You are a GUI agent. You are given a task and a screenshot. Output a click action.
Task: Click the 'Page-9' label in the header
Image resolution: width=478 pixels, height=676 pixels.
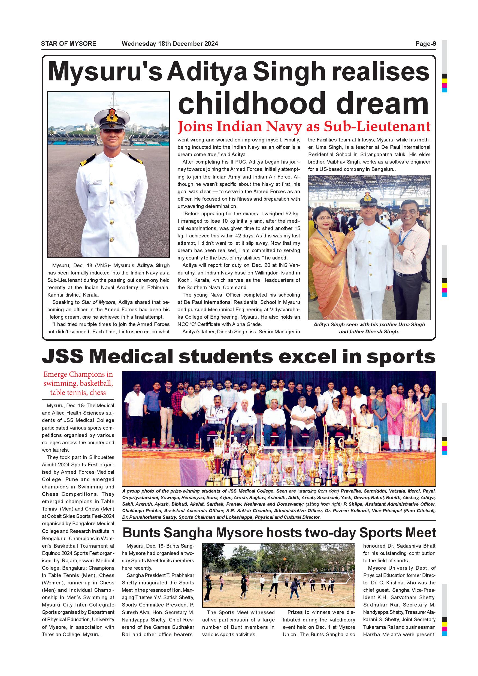pyautogui.click(x=426, y=44)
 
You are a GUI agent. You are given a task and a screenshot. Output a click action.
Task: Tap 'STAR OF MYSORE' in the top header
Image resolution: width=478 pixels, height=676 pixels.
pyautogui.click(x=69, y=44)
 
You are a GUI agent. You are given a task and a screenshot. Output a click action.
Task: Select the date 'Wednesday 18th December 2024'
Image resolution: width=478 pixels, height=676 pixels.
pyautogui.click(x=170, y=44)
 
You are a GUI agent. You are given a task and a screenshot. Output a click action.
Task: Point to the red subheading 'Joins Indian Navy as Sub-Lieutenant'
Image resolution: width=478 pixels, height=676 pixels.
pyautogui.click(x=304, y=126)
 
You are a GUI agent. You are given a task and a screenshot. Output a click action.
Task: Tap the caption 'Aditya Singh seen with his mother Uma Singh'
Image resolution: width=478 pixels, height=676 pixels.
pyautogui.click(x=369, y=324)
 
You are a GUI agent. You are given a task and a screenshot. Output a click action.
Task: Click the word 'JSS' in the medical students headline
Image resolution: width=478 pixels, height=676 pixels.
pyautogui.click(x=62, y=357)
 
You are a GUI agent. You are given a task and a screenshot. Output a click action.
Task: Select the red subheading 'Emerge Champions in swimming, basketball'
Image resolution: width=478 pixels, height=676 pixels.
pyautogui.click(x=78, y=379)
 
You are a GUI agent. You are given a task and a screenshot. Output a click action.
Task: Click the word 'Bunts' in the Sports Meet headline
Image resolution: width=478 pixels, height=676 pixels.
pyautogui.click(x=141, y=533)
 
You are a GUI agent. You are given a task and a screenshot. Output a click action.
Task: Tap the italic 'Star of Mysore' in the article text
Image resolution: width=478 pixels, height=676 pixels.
pyautogui.click(x=99, y=302)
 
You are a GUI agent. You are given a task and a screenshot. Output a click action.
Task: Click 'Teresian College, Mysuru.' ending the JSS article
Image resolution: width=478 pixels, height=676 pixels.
pyautogui.click(x=71, y=635)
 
